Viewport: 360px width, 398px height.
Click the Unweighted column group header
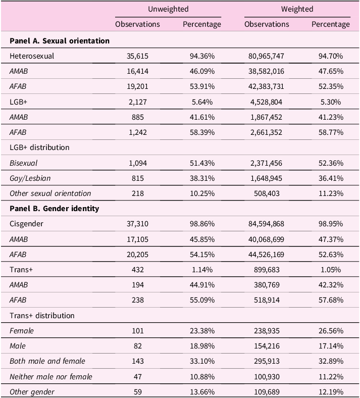click(x=168, y=9)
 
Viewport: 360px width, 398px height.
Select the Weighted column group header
click(x=297, y=9)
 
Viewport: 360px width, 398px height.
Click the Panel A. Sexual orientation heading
click(x=60, y=40)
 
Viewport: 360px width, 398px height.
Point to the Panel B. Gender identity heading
click(x=55, y=209)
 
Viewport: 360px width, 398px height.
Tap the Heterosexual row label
click(x=32, y=56)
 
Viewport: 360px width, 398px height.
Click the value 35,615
click(x=137, y=56)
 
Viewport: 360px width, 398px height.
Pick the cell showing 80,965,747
click(x=267, y=56)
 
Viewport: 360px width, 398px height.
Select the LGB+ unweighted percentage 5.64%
click(x=202, y=102)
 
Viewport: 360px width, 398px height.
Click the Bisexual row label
click(x=23, y=163)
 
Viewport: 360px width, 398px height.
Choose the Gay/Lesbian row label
click(x=30, y=178)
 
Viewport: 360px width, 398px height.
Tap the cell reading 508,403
click(x=267, y=193)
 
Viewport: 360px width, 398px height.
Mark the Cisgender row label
click(x=26, y=224)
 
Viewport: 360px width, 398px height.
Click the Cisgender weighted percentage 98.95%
click(x=331, y=224)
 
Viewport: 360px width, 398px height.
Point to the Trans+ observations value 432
click(x=138, y=270)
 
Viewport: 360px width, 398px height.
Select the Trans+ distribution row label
click(x=42, y=316)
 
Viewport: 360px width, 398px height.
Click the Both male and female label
click(x=47, y=361)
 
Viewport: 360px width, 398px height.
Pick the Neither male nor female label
click(x=51, y=376)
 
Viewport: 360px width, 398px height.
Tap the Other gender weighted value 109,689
click(x=267, y=391)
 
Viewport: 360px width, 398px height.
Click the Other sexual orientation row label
click(x=50, y=193)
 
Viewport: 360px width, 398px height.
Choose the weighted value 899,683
click(x=267, y=270)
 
